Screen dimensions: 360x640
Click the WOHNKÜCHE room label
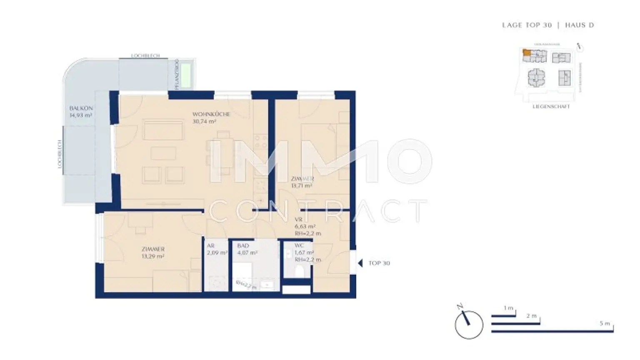click(211, 114)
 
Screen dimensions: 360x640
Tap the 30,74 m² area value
click(204, 122)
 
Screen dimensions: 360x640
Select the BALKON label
click(81, 108)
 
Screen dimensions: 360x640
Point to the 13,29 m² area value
click(152, 256)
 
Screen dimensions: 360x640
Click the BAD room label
click(243, 246)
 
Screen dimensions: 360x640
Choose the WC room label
click(299, 245)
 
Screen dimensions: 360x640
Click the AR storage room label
click(210, 246)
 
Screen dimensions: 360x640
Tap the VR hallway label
click(298, 220)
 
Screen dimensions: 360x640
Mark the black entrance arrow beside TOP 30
click(360, 263)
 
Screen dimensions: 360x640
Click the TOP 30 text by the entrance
click(379, 263)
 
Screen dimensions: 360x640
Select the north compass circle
click(469, 325)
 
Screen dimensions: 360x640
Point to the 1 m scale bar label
click(508, 308)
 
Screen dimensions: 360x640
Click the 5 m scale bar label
click(605, 323)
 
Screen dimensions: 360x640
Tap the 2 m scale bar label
click(531, 316)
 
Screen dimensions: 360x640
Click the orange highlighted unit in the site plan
click(527, 53)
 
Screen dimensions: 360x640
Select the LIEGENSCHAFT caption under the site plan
click(551, 107)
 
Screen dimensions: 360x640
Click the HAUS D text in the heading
click(579, 25)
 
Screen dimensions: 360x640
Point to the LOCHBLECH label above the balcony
click(145, 55)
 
